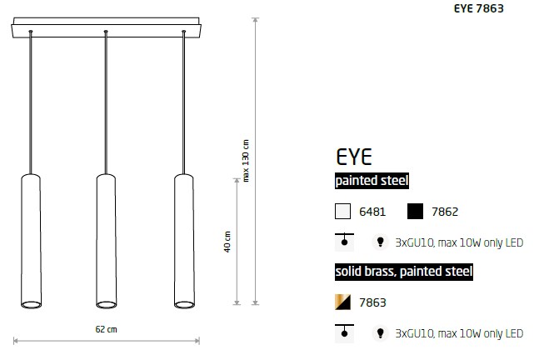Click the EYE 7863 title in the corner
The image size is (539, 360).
pyautogui.click(x=478, y=7)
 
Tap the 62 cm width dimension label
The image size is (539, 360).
pyautogui.click(x=107, y=329)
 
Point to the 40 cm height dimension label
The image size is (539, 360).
pyautogui.click(x=227, y=242)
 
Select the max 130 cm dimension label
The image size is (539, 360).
pyautogui.click(x=246, y=161)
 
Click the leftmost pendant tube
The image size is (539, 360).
pyautogui.click(x=32, y=241)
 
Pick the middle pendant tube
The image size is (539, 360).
pyautogui.click(x=107, y=241)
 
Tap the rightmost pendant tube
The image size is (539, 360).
pyautogui.click(x=184, y=241)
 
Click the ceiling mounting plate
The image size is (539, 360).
pyautogui.click(x=107, y=27)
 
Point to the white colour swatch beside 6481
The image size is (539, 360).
pyautogui.click(x=342, y=211)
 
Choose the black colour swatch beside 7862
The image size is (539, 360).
pyautogui.click(x=415, y=211)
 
